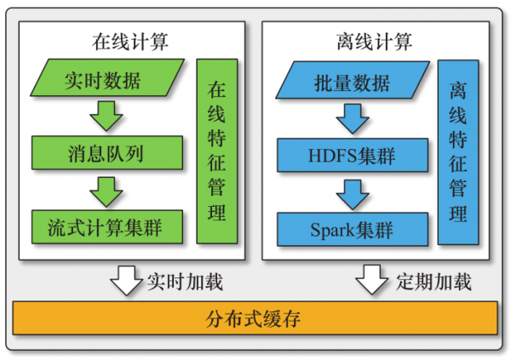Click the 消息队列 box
(x=106, y=154)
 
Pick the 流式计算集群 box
(x=106, y=227)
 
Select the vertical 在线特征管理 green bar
(x=217, y=151)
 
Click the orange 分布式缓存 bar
(x=255, y=319)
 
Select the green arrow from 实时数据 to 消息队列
(x=106, y=117)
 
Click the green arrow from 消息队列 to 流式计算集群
(x=106, y=191)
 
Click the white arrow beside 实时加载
(x=126, y=279)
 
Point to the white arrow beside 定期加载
(x=371, y=279)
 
